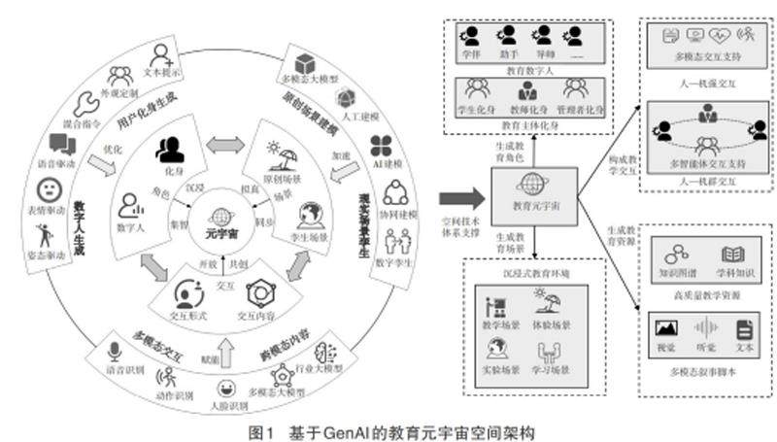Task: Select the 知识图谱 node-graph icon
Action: (x=672, y=255)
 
